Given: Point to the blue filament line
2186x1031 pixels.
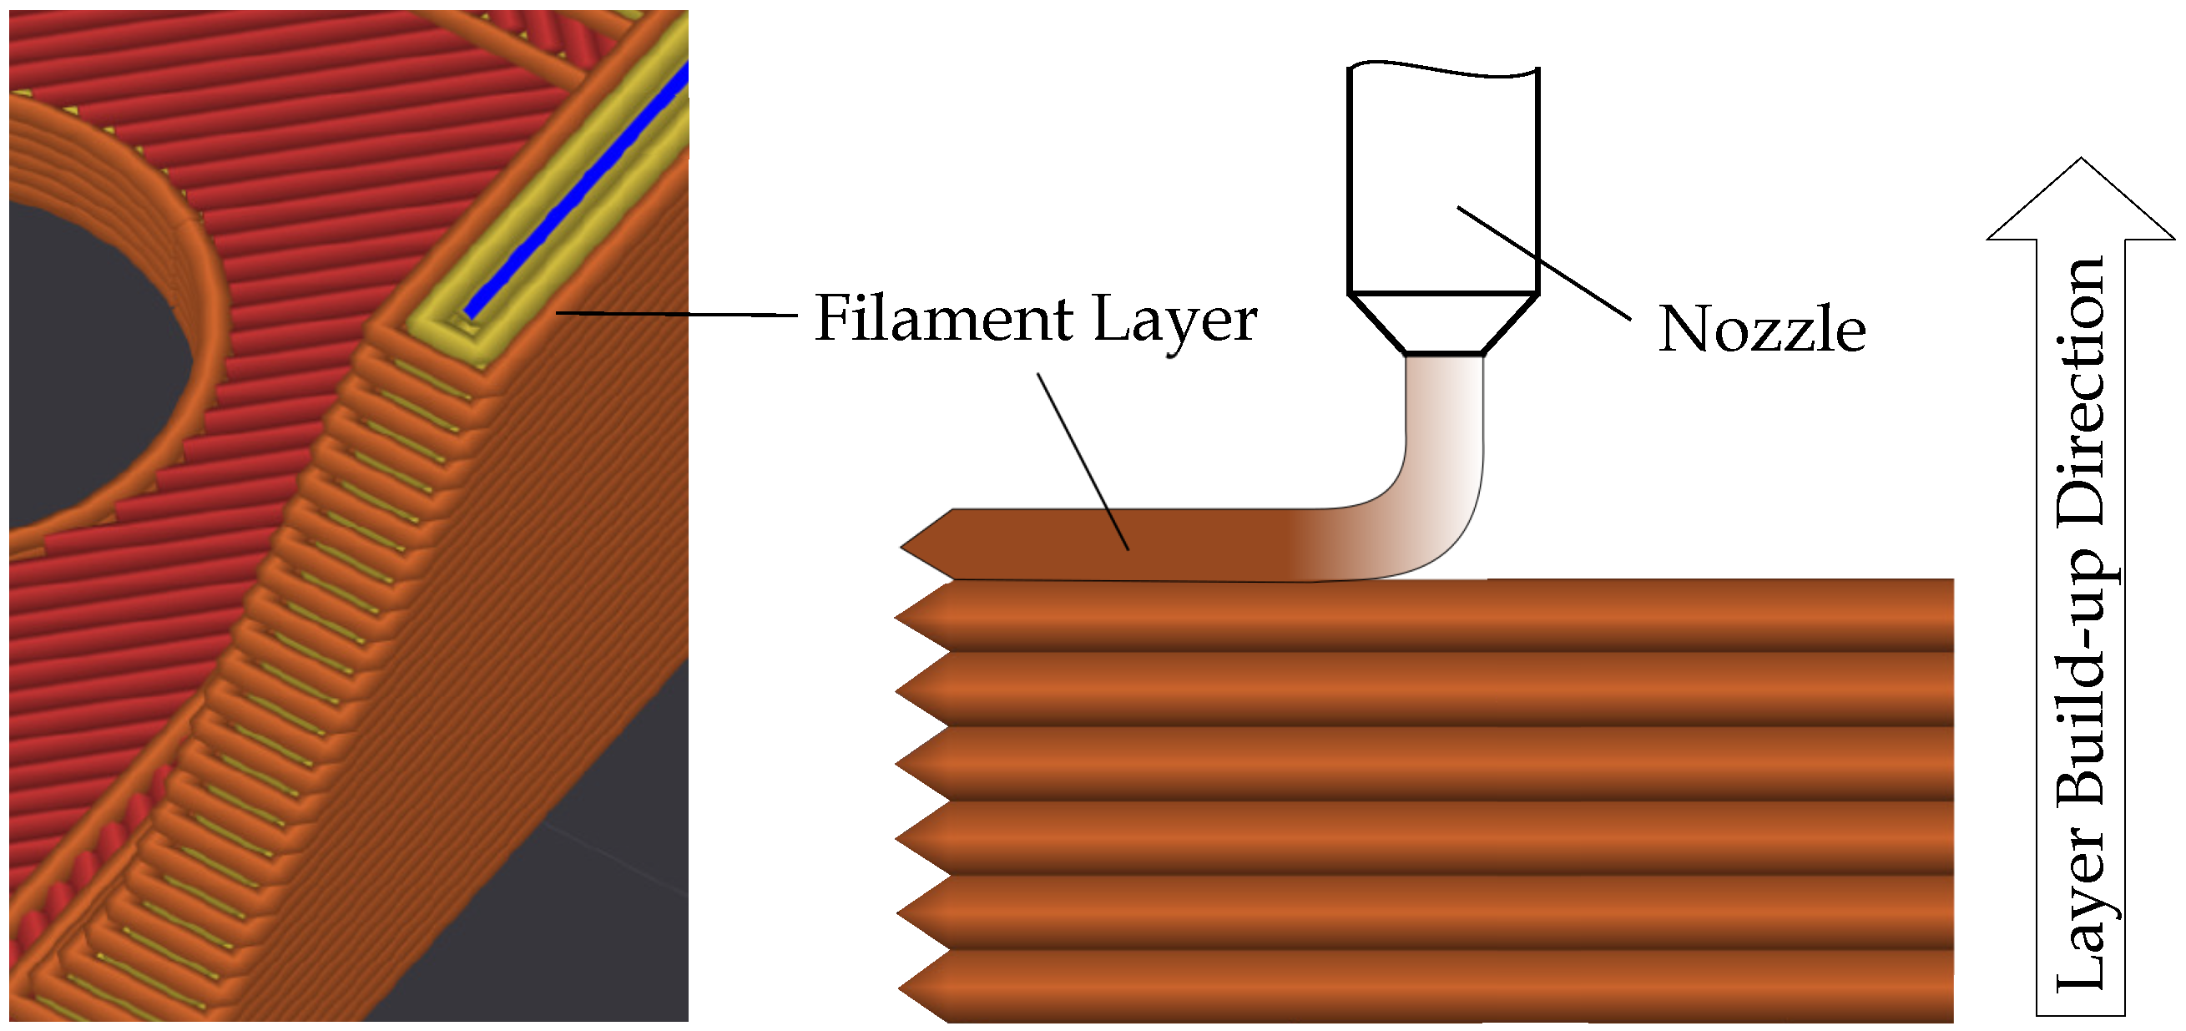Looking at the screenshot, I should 577,195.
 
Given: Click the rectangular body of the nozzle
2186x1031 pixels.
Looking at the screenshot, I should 1442,178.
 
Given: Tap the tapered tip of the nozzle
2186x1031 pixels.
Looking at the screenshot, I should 1442,323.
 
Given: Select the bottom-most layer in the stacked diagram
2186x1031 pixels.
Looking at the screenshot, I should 1442,986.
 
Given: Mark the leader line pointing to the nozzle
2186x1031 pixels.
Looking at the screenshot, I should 1544,263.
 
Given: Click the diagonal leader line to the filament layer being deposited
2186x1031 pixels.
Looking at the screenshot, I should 1083,462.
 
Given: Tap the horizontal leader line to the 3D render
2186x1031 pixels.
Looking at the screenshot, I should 679,314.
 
